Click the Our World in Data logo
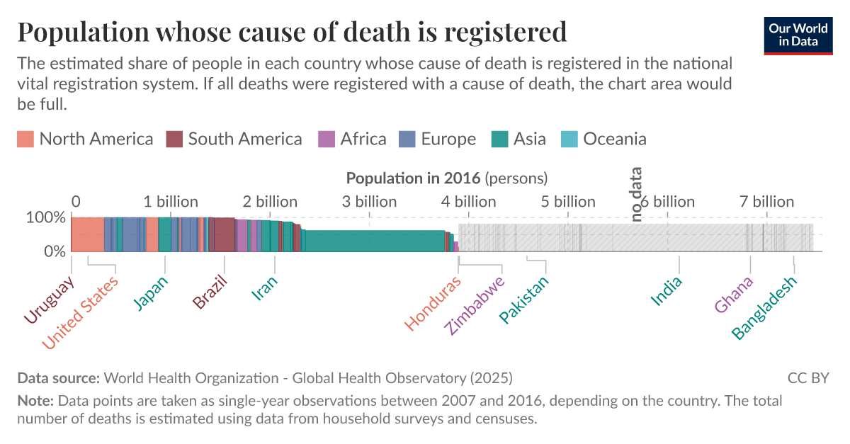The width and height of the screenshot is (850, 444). [798, 34]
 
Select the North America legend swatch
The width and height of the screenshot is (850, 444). [25, 139]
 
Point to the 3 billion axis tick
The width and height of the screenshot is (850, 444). [369, 202]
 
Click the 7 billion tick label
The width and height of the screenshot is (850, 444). [767, 202]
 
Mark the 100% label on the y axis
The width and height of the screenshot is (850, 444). [46, 217]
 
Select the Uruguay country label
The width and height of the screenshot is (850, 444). [49, 301]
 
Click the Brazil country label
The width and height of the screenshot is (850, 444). [210, 292]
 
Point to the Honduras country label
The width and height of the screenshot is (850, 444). [433, 302]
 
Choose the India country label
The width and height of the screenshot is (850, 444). [667, 290]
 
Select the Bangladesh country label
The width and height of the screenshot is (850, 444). [764, 307]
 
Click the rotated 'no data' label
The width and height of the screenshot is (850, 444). [636, 194]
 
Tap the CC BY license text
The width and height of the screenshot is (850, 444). [807, 377]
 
